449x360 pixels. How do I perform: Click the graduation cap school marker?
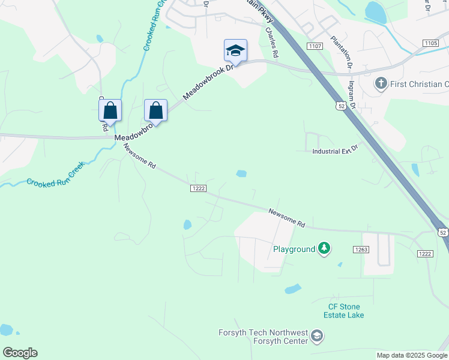235,50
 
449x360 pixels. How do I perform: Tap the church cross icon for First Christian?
381,83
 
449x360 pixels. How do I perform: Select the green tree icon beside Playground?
324,248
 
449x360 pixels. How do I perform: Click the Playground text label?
294,249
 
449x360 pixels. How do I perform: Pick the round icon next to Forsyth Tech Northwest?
318,337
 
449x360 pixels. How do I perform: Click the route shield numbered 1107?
314,46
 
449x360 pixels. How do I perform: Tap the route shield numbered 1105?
430,43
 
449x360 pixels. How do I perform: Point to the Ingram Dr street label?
352,96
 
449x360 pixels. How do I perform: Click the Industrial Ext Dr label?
335,150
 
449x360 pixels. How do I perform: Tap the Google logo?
20,353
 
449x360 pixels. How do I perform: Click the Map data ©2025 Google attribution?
412,355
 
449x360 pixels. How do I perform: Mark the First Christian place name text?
419,84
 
